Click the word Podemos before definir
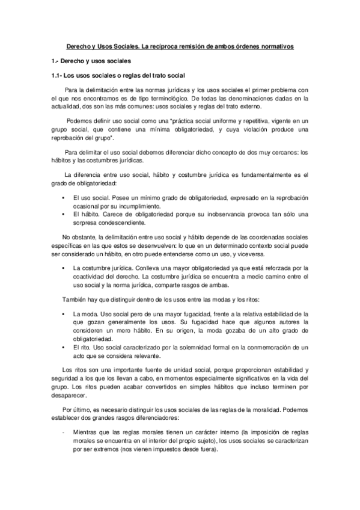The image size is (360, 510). pyautogui.click(x=78, y=120)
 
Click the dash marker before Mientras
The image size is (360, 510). pyautogui.click(x=63, y=432)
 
